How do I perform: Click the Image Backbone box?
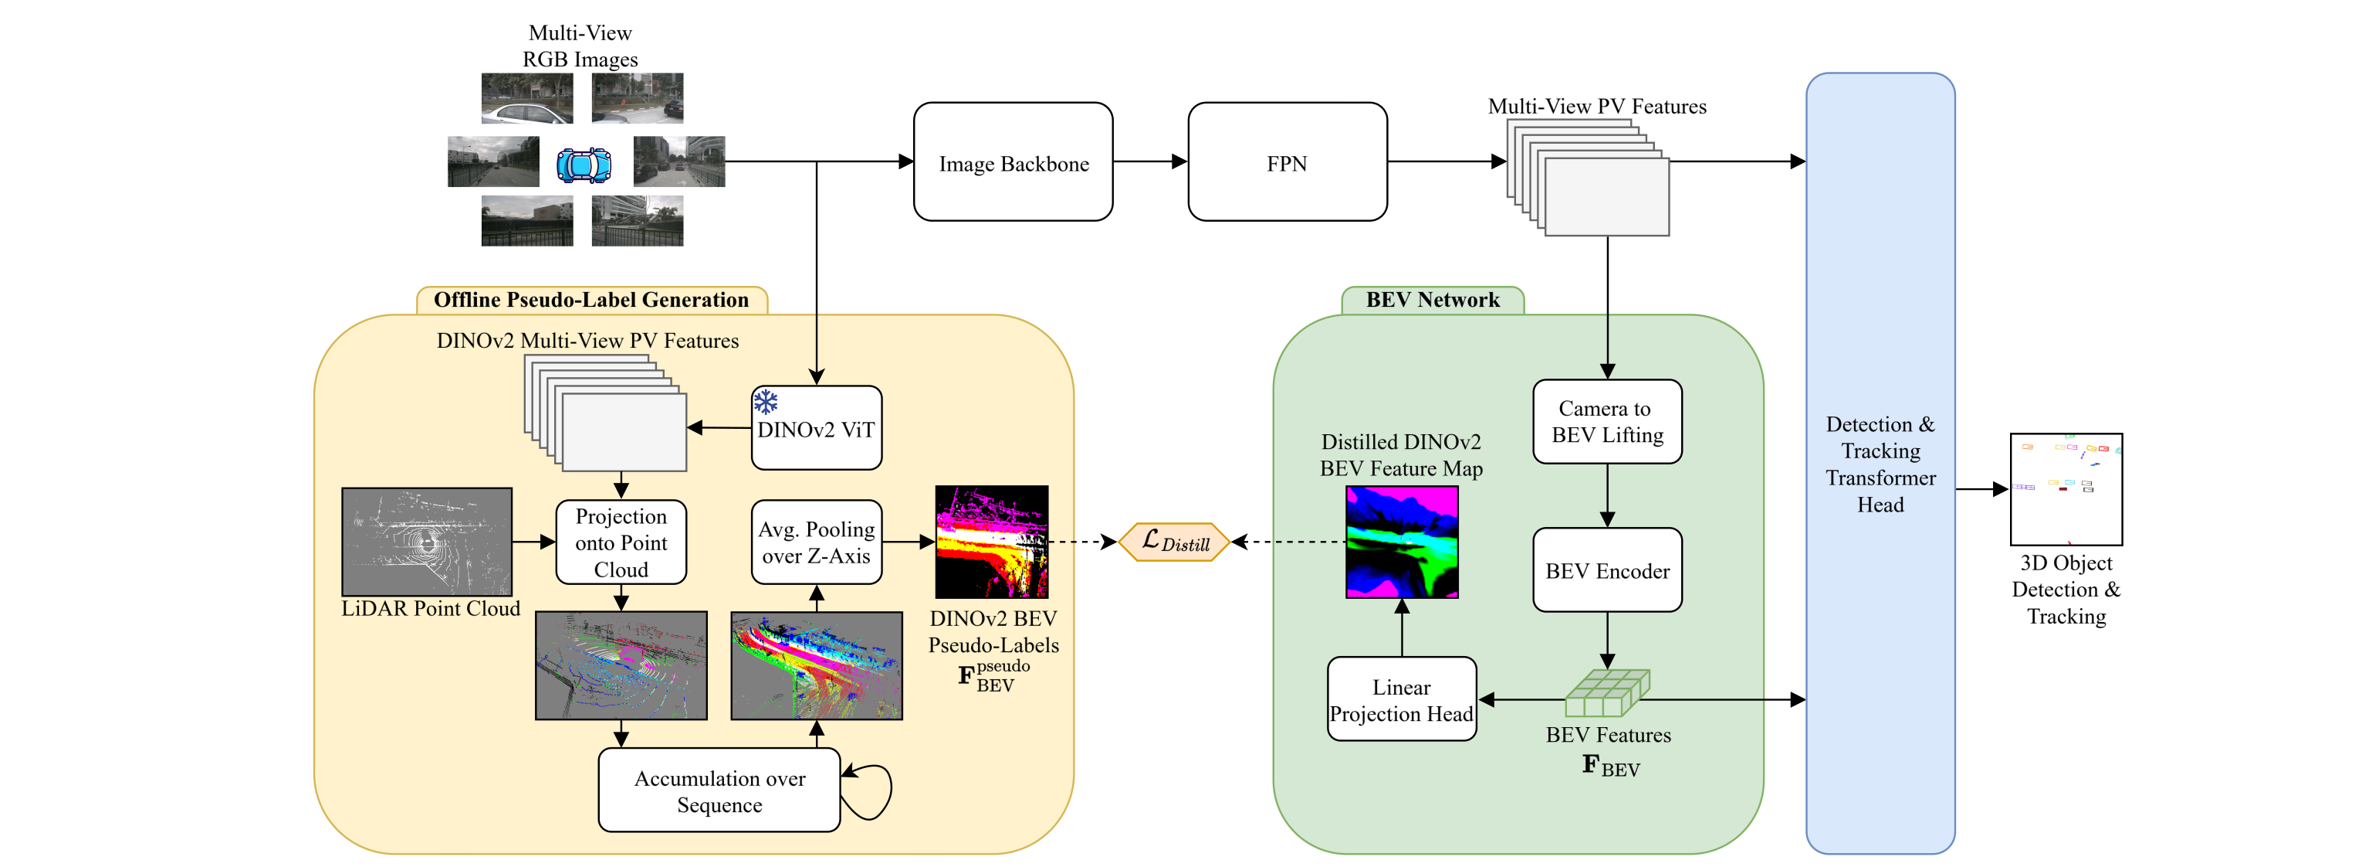coord(1013,162)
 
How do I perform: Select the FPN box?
coord(1287,162)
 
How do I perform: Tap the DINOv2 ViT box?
coord(816,428)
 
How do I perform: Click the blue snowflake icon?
coord(766,402)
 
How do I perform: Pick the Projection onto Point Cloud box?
coord(621,542)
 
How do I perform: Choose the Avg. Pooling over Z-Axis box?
coord(816,542)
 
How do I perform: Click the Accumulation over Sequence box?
coord(719,790)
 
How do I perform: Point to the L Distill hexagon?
coord(1175,542)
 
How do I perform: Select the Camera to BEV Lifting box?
coord(1606,422)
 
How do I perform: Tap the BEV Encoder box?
coord(1606,569)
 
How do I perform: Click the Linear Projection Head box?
coord(1401,699)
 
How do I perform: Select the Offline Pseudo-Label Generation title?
coord(591,300)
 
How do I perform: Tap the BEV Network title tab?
coord(1432,300)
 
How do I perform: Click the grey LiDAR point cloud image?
coord(426,542)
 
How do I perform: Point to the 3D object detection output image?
coord(2066,489)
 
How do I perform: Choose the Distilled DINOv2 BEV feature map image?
coord(1401,542)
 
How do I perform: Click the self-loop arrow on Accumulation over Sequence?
coord(871,790)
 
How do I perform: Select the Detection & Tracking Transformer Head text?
coord(1880,464)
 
